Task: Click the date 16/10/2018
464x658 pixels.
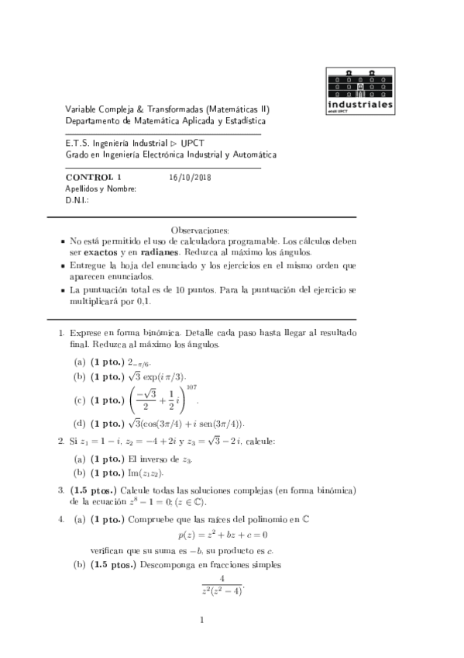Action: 190,177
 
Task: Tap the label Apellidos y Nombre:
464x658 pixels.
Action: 101,189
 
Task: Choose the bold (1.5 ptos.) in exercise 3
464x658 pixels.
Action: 95,490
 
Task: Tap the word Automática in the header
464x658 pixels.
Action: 251,154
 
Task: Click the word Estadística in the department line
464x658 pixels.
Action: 239,122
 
